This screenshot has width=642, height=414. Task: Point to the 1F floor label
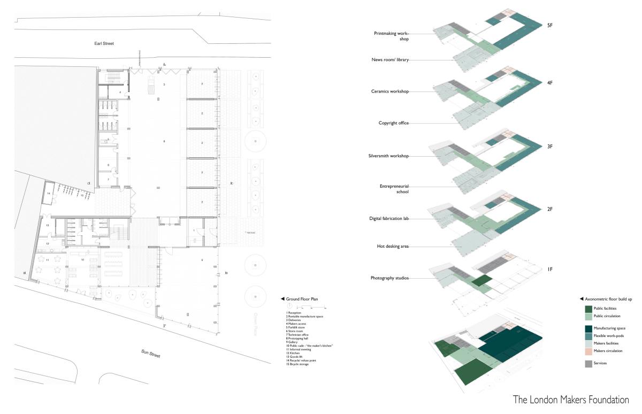[x=549, y=270]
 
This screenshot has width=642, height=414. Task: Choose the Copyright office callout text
[x=393, y=123]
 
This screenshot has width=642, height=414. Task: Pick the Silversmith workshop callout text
[x=388, y=156]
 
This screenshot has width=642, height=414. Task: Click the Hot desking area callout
[x=392, y=247]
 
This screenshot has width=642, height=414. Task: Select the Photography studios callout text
[x=389, y=278]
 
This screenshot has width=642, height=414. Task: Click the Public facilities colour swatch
[x=588, y=309]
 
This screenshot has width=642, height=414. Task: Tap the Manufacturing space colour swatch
[x=588, y=328]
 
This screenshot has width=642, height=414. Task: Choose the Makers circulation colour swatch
[x=588, y=351]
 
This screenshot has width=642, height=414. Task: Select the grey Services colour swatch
[x=588, y=363]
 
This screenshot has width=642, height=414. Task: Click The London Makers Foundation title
[x=571, y=400]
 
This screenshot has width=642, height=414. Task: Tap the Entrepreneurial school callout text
[x=394, y=188]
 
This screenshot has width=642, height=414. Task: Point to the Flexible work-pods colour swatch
[x=588, y=336]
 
